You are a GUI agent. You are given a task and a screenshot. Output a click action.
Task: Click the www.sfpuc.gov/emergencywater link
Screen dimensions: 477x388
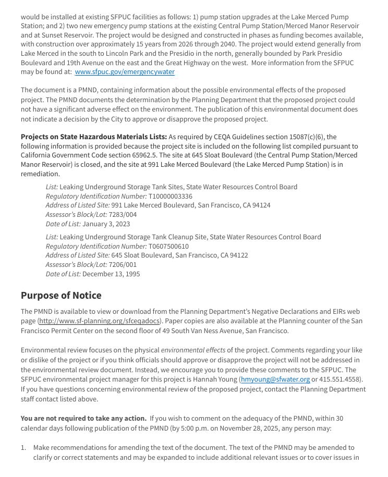pyautogui.click(x=125, y=72)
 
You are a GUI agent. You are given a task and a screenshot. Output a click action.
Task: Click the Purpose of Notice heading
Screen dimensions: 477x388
pyautogui.click(x=61, y=296)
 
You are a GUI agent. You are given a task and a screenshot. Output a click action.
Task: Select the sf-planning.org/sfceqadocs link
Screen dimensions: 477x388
pyautogui.click(x=100, y=321)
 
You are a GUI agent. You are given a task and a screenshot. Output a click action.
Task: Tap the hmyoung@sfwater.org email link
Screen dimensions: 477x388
pyautogui.click(x=275, y=380)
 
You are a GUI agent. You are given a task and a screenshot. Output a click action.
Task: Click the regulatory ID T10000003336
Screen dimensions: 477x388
pyautogui.click(x=171, y=197)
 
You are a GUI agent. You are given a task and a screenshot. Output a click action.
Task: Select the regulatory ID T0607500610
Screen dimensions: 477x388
pyautogui.click(x=168, y=247)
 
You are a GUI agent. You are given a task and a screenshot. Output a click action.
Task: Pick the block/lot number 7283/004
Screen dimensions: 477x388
pyautogui.click(x=123, y=215)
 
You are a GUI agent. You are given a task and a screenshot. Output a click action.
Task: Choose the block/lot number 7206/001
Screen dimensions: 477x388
pyautogui.click(x=123, y=265)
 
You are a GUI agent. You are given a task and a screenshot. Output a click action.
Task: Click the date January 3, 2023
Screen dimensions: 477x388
pyautogui.click(x=106, y=224)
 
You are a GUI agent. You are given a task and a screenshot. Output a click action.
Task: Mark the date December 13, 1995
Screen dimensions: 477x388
pyautogui.click(x=111, y=274)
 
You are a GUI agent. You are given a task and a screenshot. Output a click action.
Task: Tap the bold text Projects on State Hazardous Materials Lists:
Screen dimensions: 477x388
pyautogui.click(x=94, y=137)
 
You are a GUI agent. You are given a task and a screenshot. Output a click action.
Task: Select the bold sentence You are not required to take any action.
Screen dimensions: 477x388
pyautogui.click(x=83, y=419)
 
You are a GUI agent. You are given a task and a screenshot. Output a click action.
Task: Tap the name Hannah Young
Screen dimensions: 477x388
pyautogui.click(x=215, y=380)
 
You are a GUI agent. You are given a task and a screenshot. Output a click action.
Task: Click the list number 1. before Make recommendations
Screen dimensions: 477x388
pyautogui.click(x=23, y=448)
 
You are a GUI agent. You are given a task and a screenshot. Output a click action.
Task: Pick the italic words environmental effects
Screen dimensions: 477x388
pyautogui.click(x=193, y=350)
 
